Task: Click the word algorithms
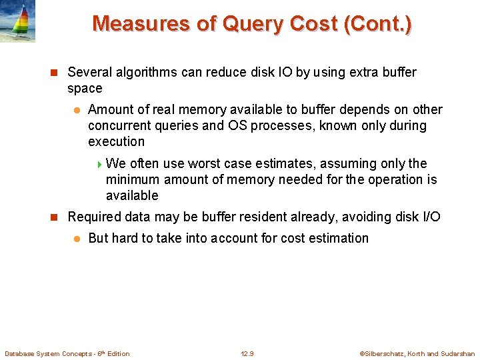pos(143,72)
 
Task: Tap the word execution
pos(116,141)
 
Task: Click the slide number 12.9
pos(247,353)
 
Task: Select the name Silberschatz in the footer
pos(385,353)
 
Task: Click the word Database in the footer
pos(21,353)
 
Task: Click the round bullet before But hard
pos(77,239)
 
